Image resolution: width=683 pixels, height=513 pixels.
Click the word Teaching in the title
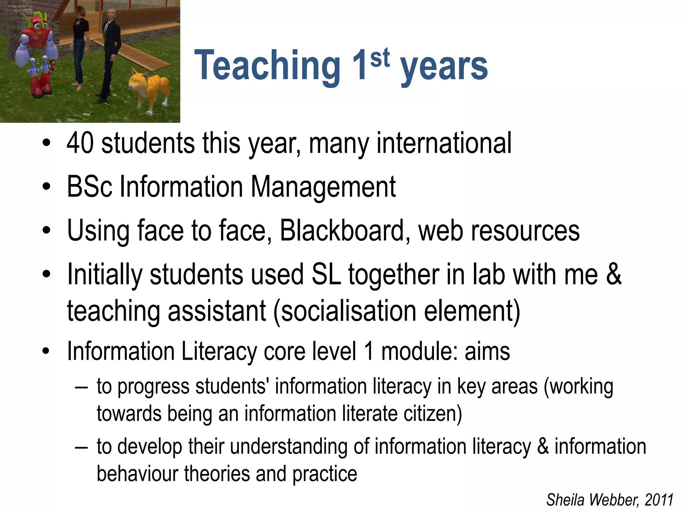[x=267, y=65]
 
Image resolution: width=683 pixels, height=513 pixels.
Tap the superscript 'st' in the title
[x=380, y=57]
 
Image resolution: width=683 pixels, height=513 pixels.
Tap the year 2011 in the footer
[x=659, y=500]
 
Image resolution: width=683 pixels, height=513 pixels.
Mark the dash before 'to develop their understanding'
[x=81, y=447]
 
